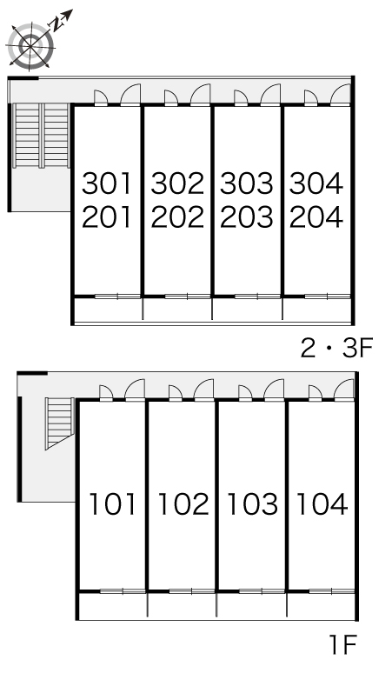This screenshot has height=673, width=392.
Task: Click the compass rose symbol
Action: (x=31, y=45)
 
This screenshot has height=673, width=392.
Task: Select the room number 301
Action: (x=106, y=183)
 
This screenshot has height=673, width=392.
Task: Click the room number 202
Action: (x=177, y=217)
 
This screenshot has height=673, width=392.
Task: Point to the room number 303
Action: (x=247, y=183)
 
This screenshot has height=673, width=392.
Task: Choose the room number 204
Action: (x=316, y=217)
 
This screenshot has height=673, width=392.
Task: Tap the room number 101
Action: (x=112, y=504)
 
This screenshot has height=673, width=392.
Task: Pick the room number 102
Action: (x=183, y=504)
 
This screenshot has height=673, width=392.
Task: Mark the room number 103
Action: (x=253, y=504)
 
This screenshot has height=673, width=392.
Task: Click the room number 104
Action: (x=322, y=504)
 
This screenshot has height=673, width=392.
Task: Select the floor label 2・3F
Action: (x=337, y=348)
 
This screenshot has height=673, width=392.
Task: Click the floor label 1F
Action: (x=342, y=644)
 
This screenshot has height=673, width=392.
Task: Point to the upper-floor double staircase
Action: (x=42, y=136)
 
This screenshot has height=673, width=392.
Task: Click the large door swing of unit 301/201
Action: (x=130, y=95)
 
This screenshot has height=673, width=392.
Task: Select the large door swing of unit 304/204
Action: (x=341, y=95)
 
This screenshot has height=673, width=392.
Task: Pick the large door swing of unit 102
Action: (x=203, y=390)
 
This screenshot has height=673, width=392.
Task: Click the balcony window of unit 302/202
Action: (x=188, y=297)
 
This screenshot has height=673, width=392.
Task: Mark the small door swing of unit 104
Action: (x=316, y=393)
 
